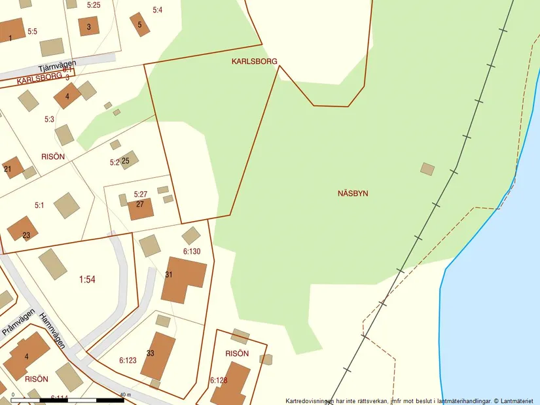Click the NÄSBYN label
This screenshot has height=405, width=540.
(x=353, y=194)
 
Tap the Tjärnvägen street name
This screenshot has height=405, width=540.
(x=48, y=67)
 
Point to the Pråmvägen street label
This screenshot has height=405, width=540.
(x=17, y=322)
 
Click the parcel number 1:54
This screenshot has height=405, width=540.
(x=87, y=279)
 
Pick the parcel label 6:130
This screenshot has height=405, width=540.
(x=192, y=251)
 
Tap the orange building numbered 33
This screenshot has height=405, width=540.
(x=158, y=355)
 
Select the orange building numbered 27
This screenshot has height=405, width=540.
(x=141, y=209)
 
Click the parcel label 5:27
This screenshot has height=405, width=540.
(x=141, y=194)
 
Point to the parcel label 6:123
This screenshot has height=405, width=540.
(x=128, y=360)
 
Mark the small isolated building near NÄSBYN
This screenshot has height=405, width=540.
(x=427, y=169)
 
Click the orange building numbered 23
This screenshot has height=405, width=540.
(x=22, y=228)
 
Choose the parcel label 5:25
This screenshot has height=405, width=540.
(x=94, y=5)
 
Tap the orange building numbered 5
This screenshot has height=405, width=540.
(x=139, y=24)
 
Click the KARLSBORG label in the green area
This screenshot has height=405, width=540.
(x=254, y=61)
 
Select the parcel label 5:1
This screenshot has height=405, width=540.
(x=39, y=205)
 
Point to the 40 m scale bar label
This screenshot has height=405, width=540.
(x=125, y=395)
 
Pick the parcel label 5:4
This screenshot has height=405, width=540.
(x=157, y=10)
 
